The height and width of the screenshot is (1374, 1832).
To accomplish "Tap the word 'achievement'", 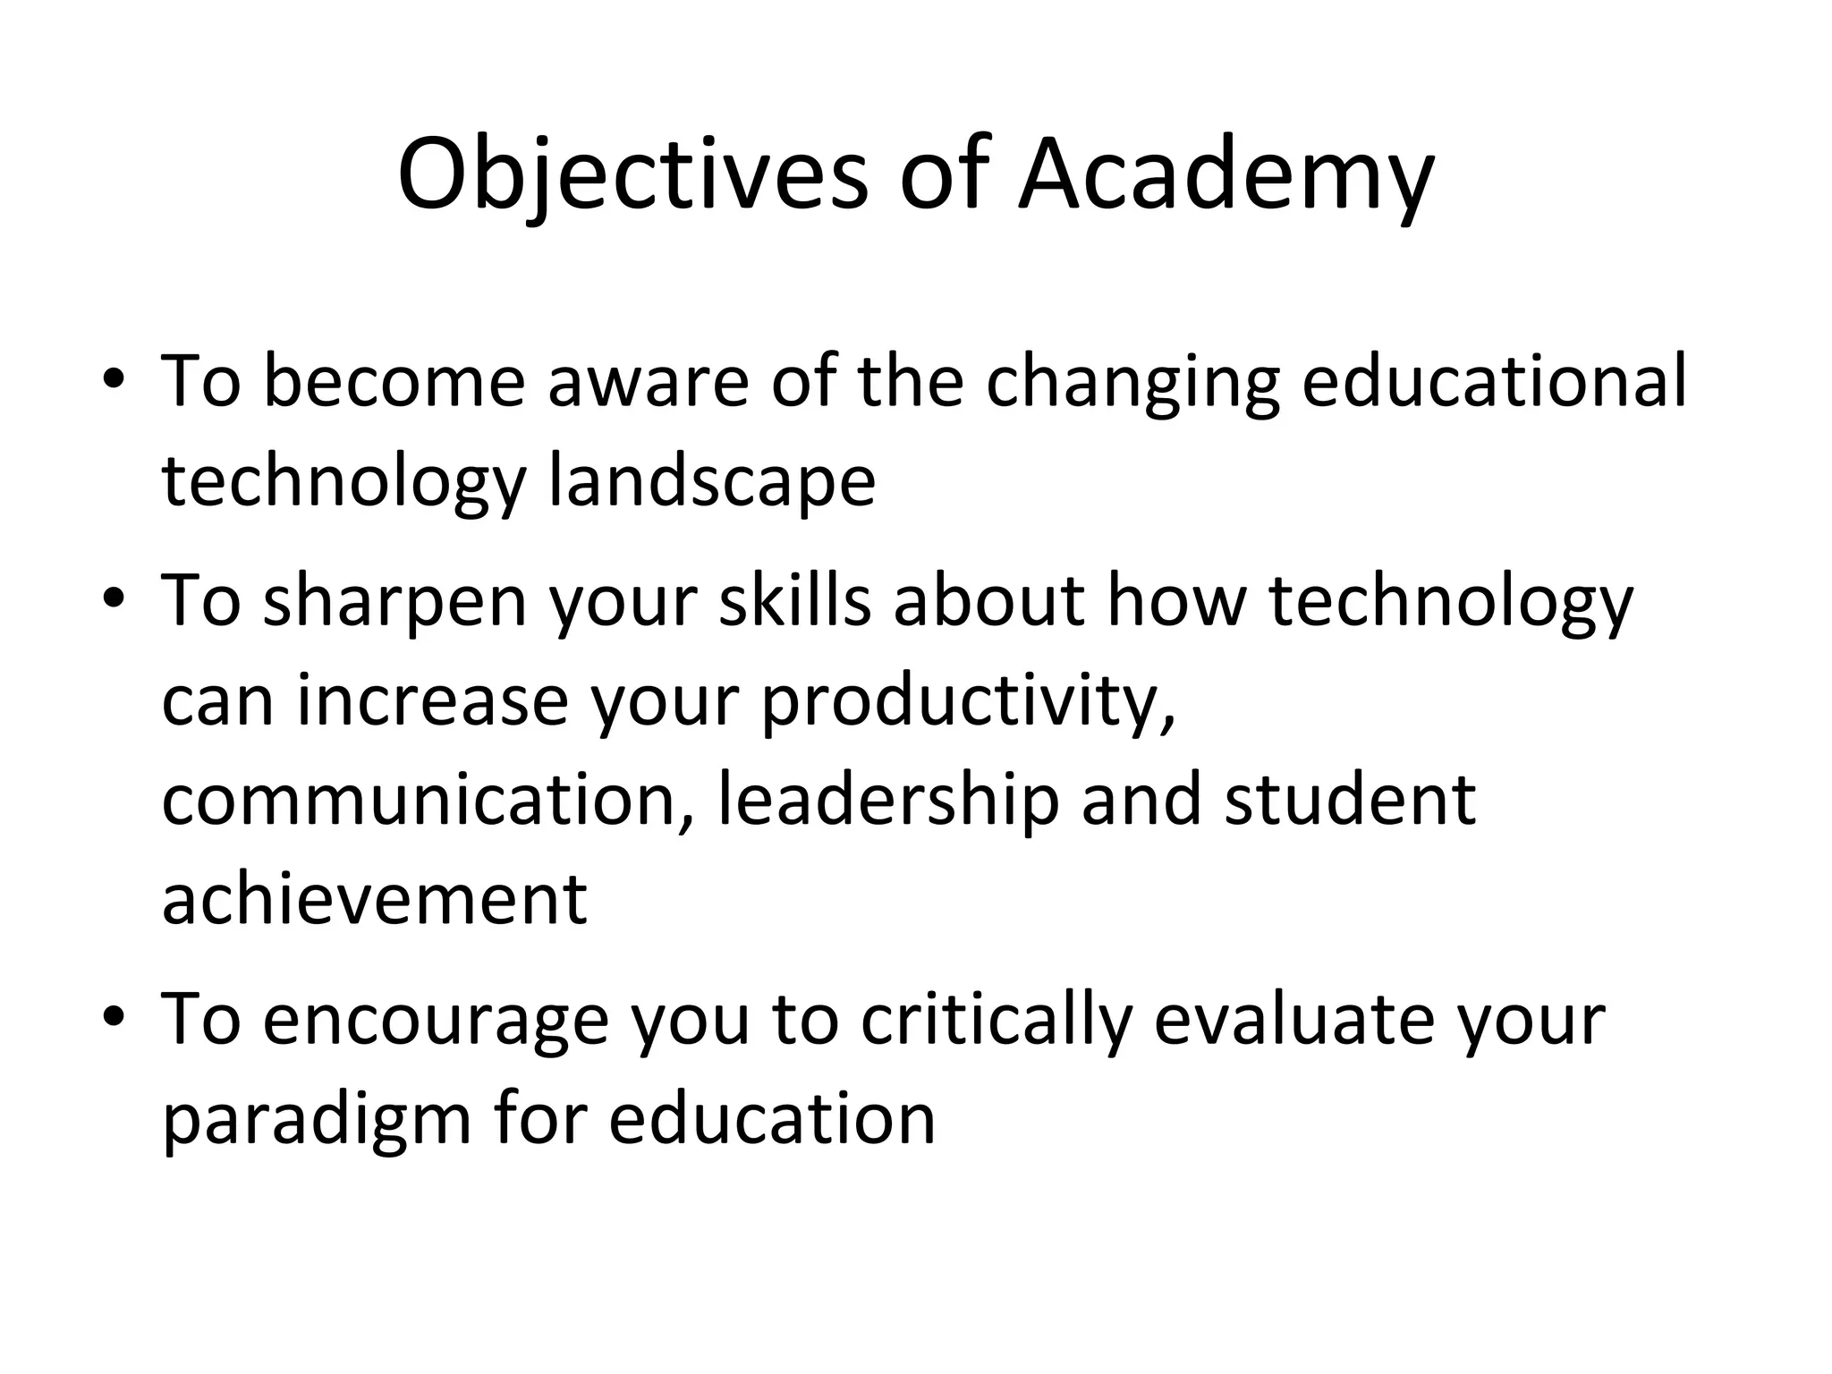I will tap(375, 899).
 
